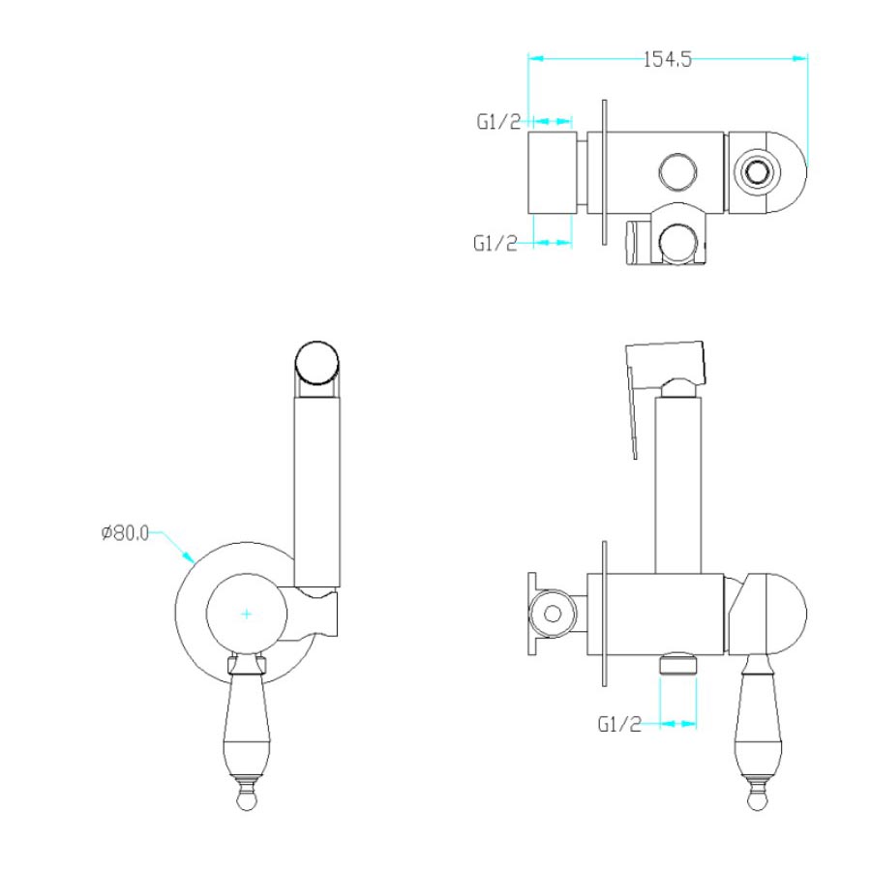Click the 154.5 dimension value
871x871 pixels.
pyautogui.click(x=667, y=59)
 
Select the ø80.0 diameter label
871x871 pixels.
pyautogui.click(x=125, y=532)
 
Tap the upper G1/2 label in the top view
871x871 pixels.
pyautogui.click(x=498, y=121)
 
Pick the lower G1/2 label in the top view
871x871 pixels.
pyautogui.click(x=495, y=243)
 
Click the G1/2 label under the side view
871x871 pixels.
pyautogui.click(x=619, y=724)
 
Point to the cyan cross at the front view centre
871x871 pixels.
pyautogui.click(x=247, y=614)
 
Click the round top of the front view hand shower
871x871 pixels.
pyautogui.click(x=316, y=363)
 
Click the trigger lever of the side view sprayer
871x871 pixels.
pyautogui.click(x=632, y=413)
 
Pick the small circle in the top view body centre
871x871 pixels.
pyautogui.click(x=678, y=171)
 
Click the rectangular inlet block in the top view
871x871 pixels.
pyautogui.click(x=552, y=172)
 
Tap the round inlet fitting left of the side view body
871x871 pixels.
pyautogui.click(x=553, y=614)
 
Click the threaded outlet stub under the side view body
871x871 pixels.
pyautogui.click(x=677, y=664)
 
